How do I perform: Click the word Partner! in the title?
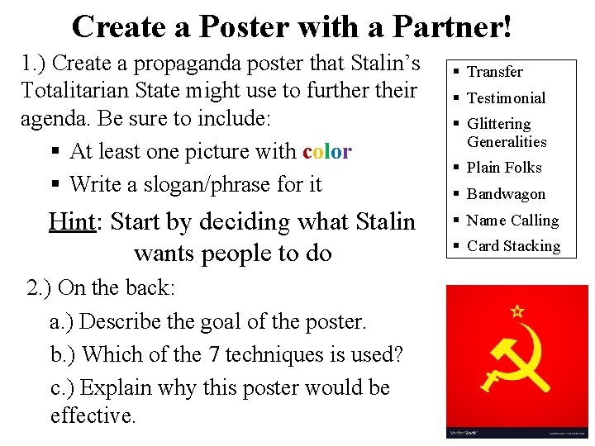[x=452, y=26]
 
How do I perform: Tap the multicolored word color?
[x=327, y=152]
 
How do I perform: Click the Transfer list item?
[x=494, y=72]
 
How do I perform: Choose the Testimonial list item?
[x=506, y=98]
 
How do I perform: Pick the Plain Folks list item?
[x=504, y=168]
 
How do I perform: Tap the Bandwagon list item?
[x=506, y=194]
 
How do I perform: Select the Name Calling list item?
[x=512, y=221]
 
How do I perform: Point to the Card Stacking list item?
[x=513, y=246]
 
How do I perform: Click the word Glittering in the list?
[x=499, y=124]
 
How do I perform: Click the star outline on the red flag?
[x=517, y=311]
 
